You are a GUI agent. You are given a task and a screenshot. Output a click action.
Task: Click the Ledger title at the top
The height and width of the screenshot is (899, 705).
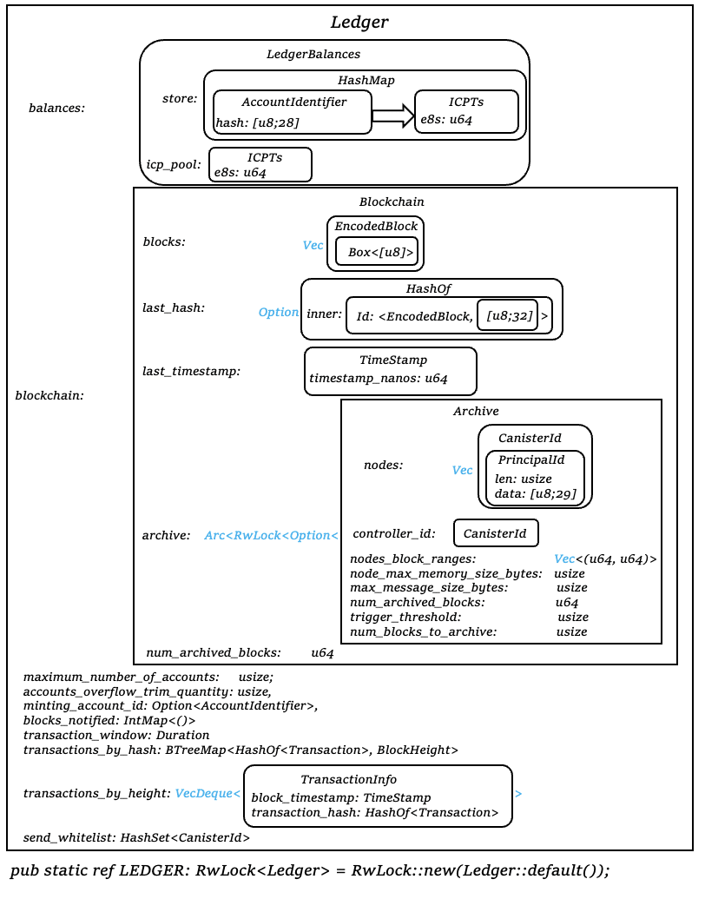359,23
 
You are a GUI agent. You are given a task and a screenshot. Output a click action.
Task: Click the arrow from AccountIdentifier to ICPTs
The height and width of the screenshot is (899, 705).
393,116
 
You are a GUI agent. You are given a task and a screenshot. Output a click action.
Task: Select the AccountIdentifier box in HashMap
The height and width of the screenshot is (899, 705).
293,112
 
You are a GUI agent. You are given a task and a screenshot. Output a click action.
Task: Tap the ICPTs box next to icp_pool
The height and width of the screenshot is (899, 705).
260,164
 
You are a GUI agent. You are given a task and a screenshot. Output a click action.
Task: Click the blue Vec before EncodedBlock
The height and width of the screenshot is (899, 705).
313,246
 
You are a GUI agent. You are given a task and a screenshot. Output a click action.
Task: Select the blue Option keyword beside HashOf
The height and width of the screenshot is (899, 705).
279,312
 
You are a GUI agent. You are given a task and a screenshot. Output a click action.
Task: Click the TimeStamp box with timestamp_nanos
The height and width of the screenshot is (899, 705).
391,370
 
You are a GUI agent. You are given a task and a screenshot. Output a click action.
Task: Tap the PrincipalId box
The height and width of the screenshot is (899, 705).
534,478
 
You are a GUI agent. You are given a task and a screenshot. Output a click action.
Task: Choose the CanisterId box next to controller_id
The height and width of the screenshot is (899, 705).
496,533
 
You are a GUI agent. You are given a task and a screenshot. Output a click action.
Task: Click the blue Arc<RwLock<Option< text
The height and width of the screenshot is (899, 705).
271,535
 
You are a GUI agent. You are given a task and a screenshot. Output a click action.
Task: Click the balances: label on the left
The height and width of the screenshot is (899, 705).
57,109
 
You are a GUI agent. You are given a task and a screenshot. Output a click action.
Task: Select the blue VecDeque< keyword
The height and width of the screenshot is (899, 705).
208,793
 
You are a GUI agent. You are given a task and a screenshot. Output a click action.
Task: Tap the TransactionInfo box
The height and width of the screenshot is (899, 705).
378,796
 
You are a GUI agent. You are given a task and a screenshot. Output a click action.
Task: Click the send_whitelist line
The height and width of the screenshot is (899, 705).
136,837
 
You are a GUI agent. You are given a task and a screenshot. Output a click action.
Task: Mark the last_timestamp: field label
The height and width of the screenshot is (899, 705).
191,371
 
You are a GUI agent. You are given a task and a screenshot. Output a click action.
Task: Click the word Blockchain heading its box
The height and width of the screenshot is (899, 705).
392,202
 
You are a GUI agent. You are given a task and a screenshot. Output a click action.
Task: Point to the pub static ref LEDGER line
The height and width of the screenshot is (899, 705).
310,871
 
